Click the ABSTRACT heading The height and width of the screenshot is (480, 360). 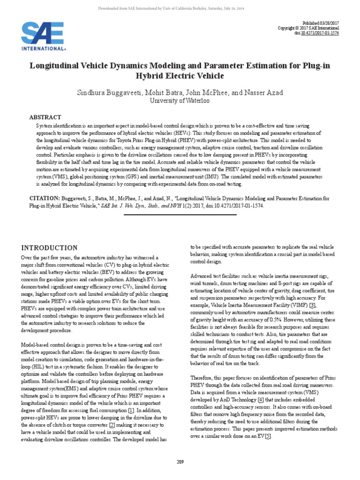click(45, 117)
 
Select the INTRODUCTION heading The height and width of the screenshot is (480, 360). click(50, 247)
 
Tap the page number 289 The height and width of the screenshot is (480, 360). click(180, 462)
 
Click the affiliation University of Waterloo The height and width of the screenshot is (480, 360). click(180, 101)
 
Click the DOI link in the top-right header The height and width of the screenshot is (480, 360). click(327, 33)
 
